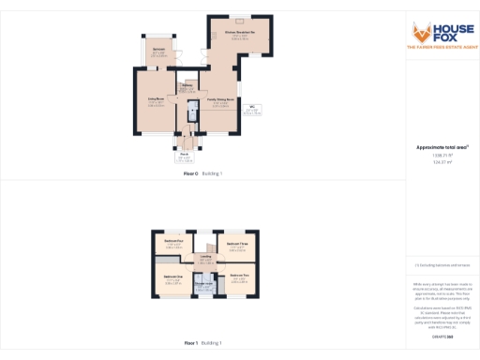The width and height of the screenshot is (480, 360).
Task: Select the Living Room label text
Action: point(157,101)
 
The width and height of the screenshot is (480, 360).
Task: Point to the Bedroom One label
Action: point(172,278)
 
